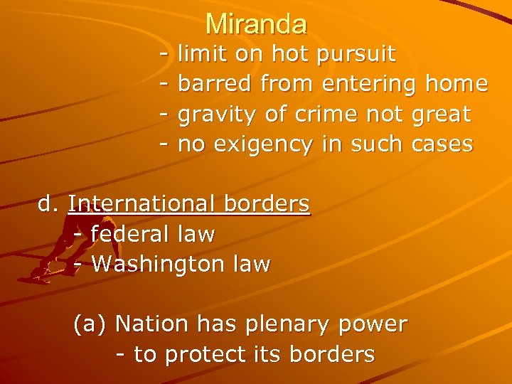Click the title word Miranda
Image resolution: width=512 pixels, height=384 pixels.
coord(256,25)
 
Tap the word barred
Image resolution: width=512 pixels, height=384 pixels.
coord(215,84)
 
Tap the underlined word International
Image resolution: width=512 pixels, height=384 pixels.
coord(142,204)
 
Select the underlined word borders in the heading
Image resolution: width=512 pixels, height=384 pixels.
coord(267,204)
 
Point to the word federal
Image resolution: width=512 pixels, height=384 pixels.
coord(130,234)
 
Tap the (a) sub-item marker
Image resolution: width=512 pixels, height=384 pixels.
coord(90,324)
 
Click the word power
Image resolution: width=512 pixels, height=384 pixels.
coord(373,325)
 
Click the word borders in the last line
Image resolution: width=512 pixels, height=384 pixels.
coord(334,354)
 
